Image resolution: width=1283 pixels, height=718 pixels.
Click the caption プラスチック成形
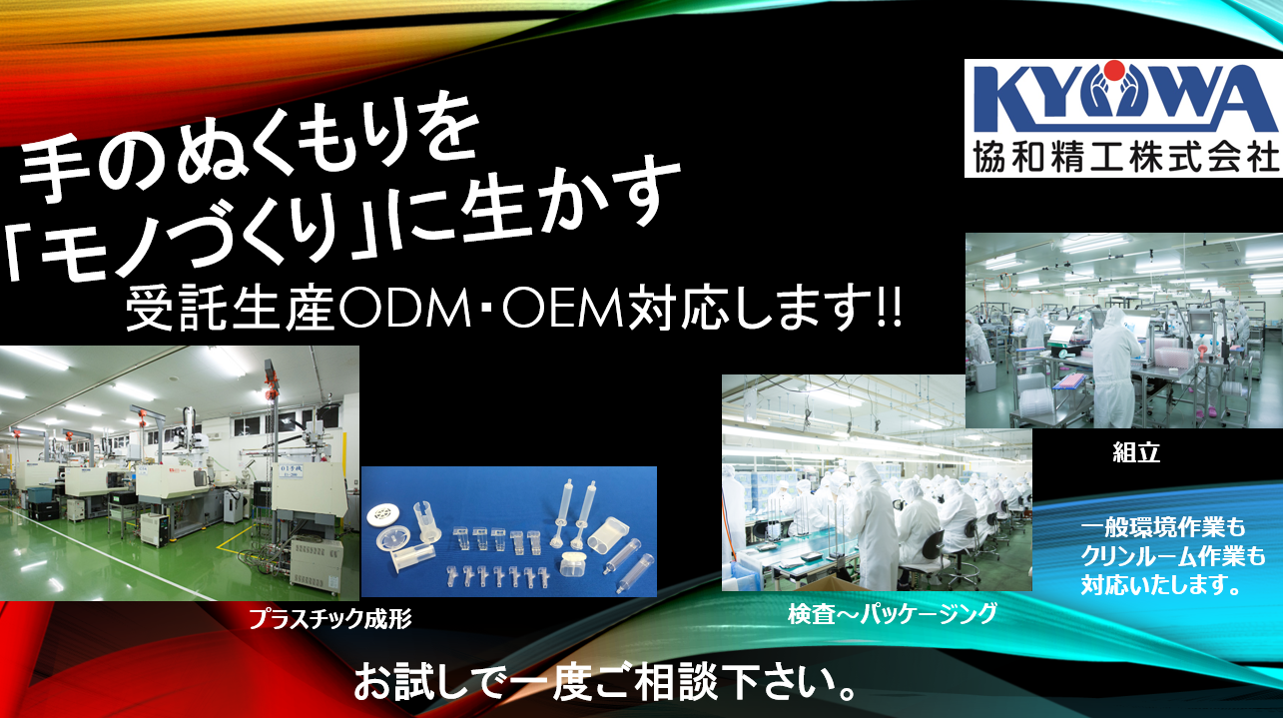pos(329,619)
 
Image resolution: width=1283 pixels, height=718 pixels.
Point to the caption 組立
pos(1136,452)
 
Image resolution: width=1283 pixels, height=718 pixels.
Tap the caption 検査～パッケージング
pos(893,614)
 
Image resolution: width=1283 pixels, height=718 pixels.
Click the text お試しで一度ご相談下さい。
pos(604,682)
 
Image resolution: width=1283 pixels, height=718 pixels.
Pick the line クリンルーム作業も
pos(1173,556)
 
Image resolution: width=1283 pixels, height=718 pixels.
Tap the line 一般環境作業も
pos(1163,527)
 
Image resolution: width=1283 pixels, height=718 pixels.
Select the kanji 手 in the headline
pos(53,170)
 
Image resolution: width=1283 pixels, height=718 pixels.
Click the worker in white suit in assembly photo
pos(1114,366)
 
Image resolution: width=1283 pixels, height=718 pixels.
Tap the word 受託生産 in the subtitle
pos(229,310)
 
